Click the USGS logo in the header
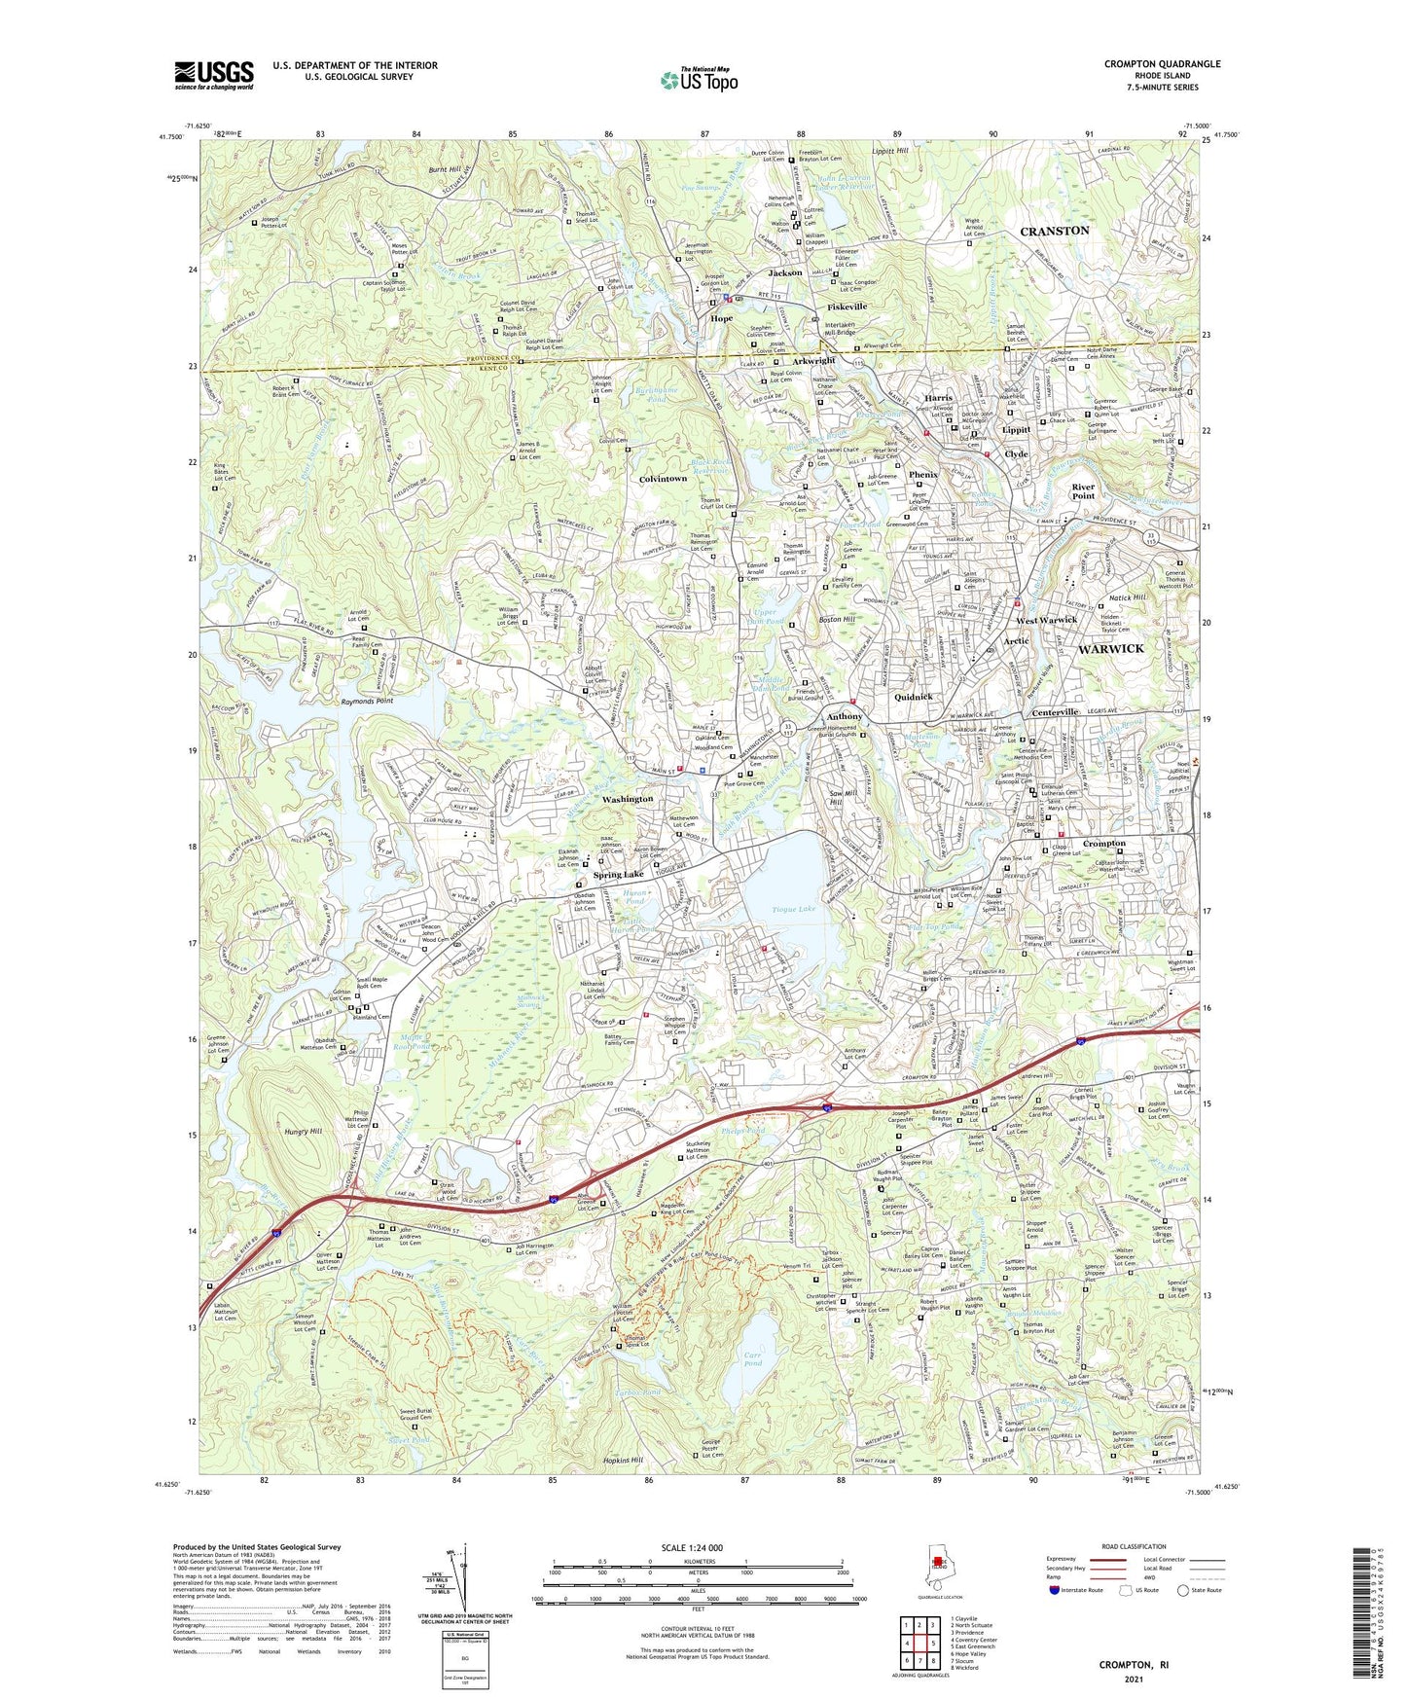214,74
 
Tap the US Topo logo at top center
699,80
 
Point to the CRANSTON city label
1054,231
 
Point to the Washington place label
628,799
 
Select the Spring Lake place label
620,875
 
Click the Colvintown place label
664,479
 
